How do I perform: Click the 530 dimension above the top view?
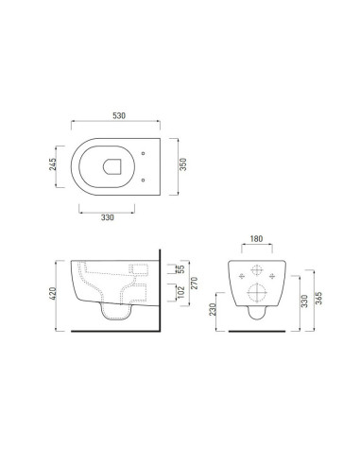(x=119, y=114)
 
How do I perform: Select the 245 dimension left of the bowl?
(x=56, y=167)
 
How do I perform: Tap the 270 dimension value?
(x=192, y=282)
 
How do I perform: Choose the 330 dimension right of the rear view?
(x=304, y=300)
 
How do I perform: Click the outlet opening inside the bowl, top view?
(x=112, y=167)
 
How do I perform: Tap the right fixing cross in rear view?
(x=274, y=275)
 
